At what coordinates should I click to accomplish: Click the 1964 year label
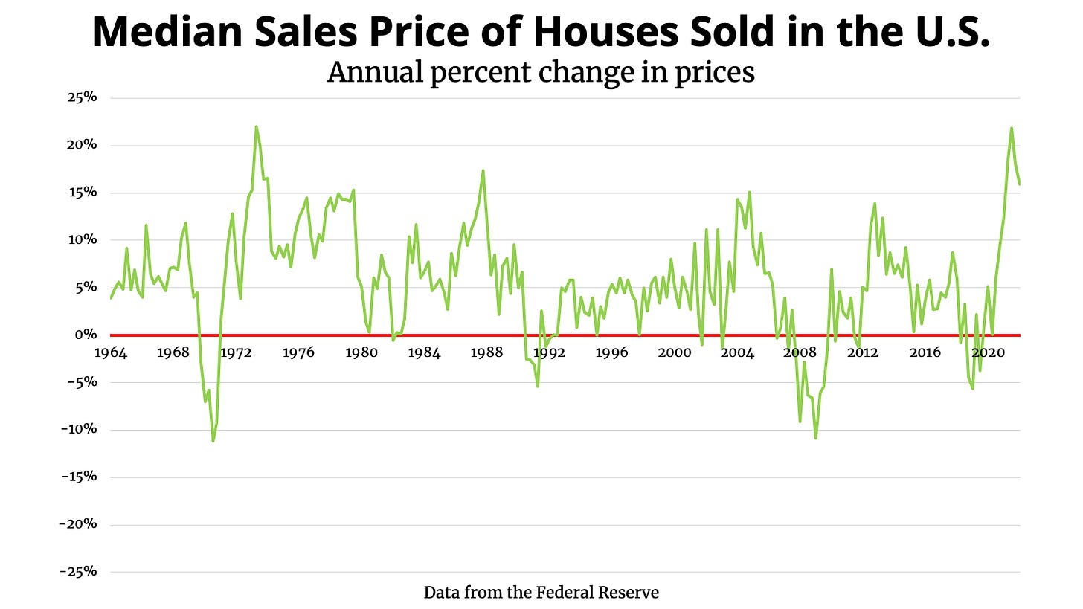tap(111, 352)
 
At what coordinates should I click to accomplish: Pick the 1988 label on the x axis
tap(486, 352)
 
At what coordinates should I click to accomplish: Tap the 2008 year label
tap(800, 352)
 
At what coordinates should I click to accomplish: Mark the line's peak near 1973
tap(256, 126)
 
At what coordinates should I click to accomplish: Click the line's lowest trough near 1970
tap(213, 442)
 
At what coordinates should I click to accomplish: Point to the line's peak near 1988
tap(483, 170)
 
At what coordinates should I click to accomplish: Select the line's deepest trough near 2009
tap(815, 438)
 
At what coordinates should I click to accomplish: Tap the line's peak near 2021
tap(1012, 128)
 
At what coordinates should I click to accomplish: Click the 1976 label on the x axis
tap(298, 352)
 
